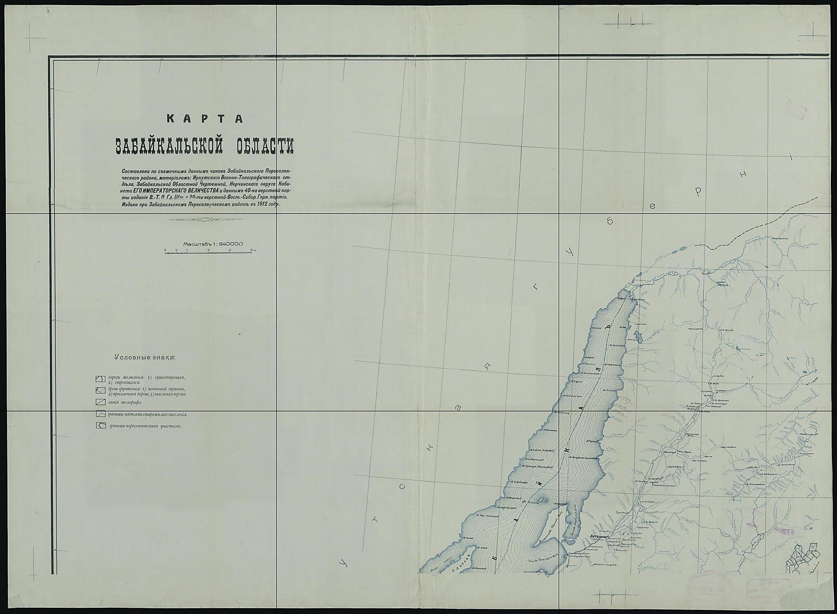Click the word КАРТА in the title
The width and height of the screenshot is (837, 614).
(x=205, y=119)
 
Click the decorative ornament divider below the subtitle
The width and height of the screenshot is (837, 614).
(x=205, y=220)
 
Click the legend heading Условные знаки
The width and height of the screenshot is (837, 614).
(x=144, y=357)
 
